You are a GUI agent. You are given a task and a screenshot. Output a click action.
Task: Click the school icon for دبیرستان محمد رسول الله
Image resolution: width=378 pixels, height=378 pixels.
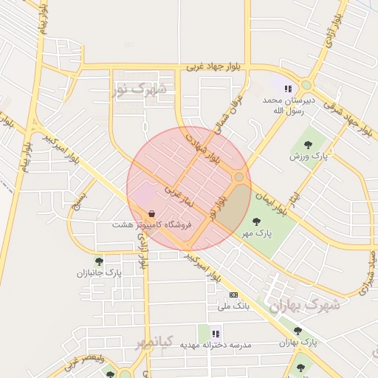[x=287, y=89]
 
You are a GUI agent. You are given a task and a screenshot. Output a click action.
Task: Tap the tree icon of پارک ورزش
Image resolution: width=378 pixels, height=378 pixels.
[x=308, y=144]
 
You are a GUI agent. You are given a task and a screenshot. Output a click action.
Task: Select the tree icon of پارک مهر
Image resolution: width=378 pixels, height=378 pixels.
[x=256, y=221]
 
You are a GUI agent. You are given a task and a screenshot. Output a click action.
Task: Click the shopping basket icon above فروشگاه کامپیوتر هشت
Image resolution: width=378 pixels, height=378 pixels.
[x=151, y=213]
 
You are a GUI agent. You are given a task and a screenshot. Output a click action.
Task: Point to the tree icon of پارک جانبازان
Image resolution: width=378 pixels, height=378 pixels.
[x=99, y=261]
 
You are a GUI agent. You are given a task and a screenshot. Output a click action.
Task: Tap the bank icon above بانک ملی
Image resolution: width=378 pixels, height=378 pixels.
[x=234, y=295]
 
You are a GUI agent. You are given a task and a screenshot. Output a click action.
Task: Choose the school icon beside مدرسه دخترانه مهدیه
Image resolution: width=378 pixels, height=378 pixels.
[x=216, y=333]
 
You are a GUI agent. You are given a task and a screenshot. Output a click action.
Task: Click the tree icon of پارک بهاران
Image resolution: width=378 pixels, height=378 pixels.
[x=298, y=331]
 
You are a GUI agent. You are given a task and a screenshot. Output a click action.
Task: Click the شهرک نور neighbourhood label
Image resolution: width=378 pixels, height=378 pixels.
[x=140, y=90]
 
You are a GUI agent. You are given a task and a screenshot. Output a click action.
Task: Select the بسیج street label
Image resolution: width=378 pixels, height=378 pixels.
[x=79, y=200]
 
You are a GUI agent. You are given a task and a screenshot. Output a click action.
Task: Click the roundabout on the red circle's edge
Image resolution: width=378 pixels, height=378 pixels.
[x=238, y=177]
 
